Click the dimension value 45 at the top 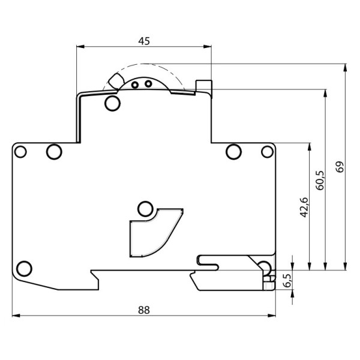pos(144,41)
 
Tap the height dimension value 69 pos(340,167)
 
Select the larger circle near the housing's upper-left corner pos(54,151)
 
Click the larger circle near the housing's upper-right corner pos(233,150)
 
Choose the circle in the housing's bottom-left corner pos(25,268)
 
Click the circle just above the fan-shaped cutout pos(144,209)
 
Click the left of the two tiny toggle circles pos(135,85)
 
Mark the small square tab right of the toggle pos(205,87)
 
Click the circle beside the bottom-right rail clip pos(264,267)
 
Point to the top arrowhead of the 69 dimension pos(346,67)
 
